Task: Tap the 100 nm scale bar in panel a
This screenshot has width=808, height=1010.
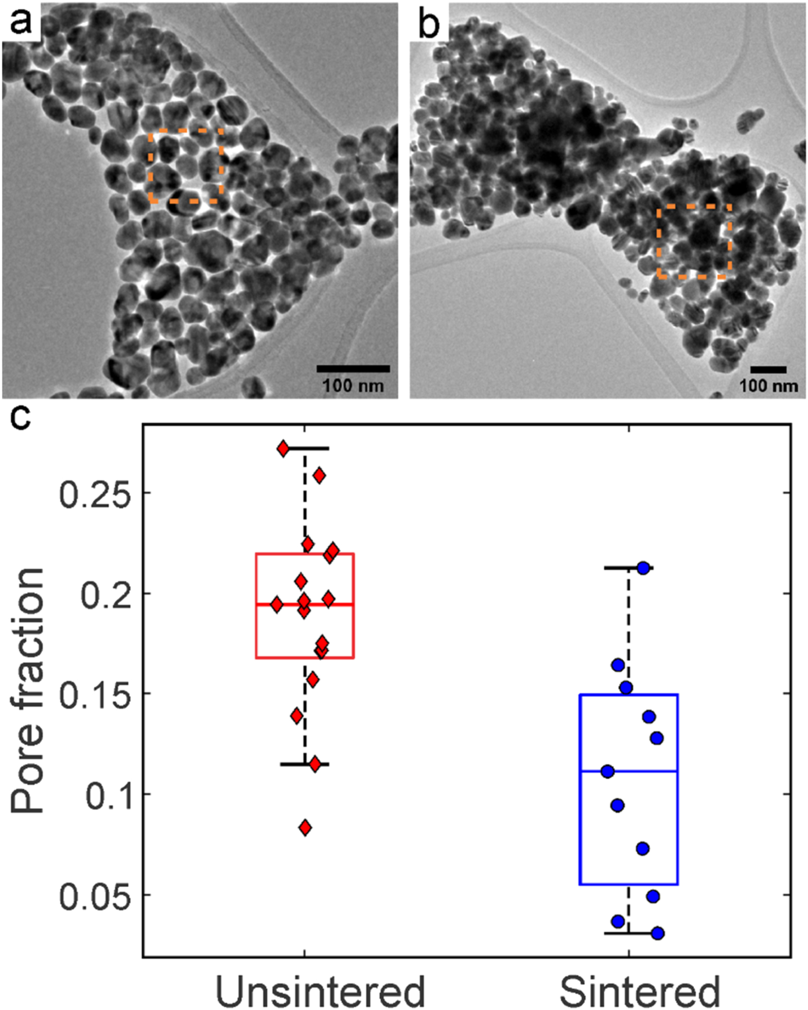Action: (x=353, y=368)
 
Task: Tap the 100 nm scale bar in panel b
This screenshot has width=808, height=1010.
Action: (x=768, y=369)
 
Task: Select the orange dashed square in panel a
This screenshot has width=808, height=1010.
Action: (x=149, y=166)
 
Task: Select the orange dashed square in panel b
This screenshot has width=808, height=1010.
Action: (x=658, y=242)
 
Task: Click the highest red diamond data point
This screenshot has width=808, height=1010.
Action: (x=283, y=448)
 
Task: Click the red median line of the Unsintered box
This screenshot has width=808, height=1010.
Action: (x=305, y=604)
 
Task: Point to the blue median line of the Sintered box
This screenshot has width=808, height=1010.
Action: (x=629, y=771)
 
